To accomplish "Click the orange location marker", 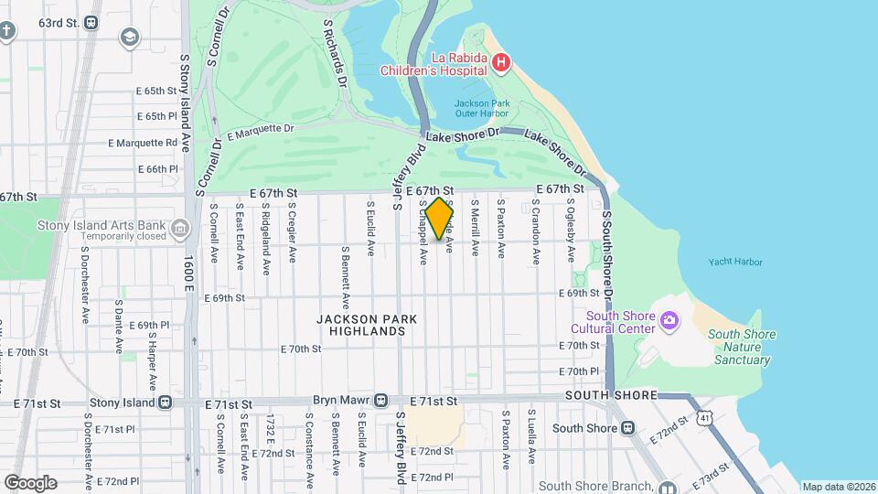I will tap(439, 218).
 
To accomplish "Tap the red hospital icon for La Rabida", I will tap(500, 62).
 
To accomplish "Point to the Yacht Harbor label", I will tap(734, 263).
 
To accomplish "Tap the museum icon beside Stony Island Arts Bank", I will tap(180, 228).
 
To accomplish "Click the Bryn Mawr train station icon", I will tap(381, 401).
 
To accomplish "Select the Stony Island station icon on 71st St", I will tap(165, 402).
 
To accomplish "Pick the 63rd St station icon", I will tap(91, 23).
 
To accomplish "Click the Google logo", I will tap(29, 482).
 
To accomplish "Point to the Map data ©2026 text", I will tap(838, 487).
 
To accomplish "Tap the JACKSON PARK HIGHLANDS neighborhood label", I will tap(366, 325).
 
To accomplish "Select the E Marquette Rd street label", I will tap(143, 143).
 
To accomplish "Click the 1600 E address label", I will tap(189, 273).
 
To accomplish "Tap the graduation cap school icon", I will tap(130, 38).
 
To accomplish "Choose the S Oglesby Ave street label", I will tap(571, 230).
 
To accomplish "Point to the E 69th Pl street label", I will tap(149, 325).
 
